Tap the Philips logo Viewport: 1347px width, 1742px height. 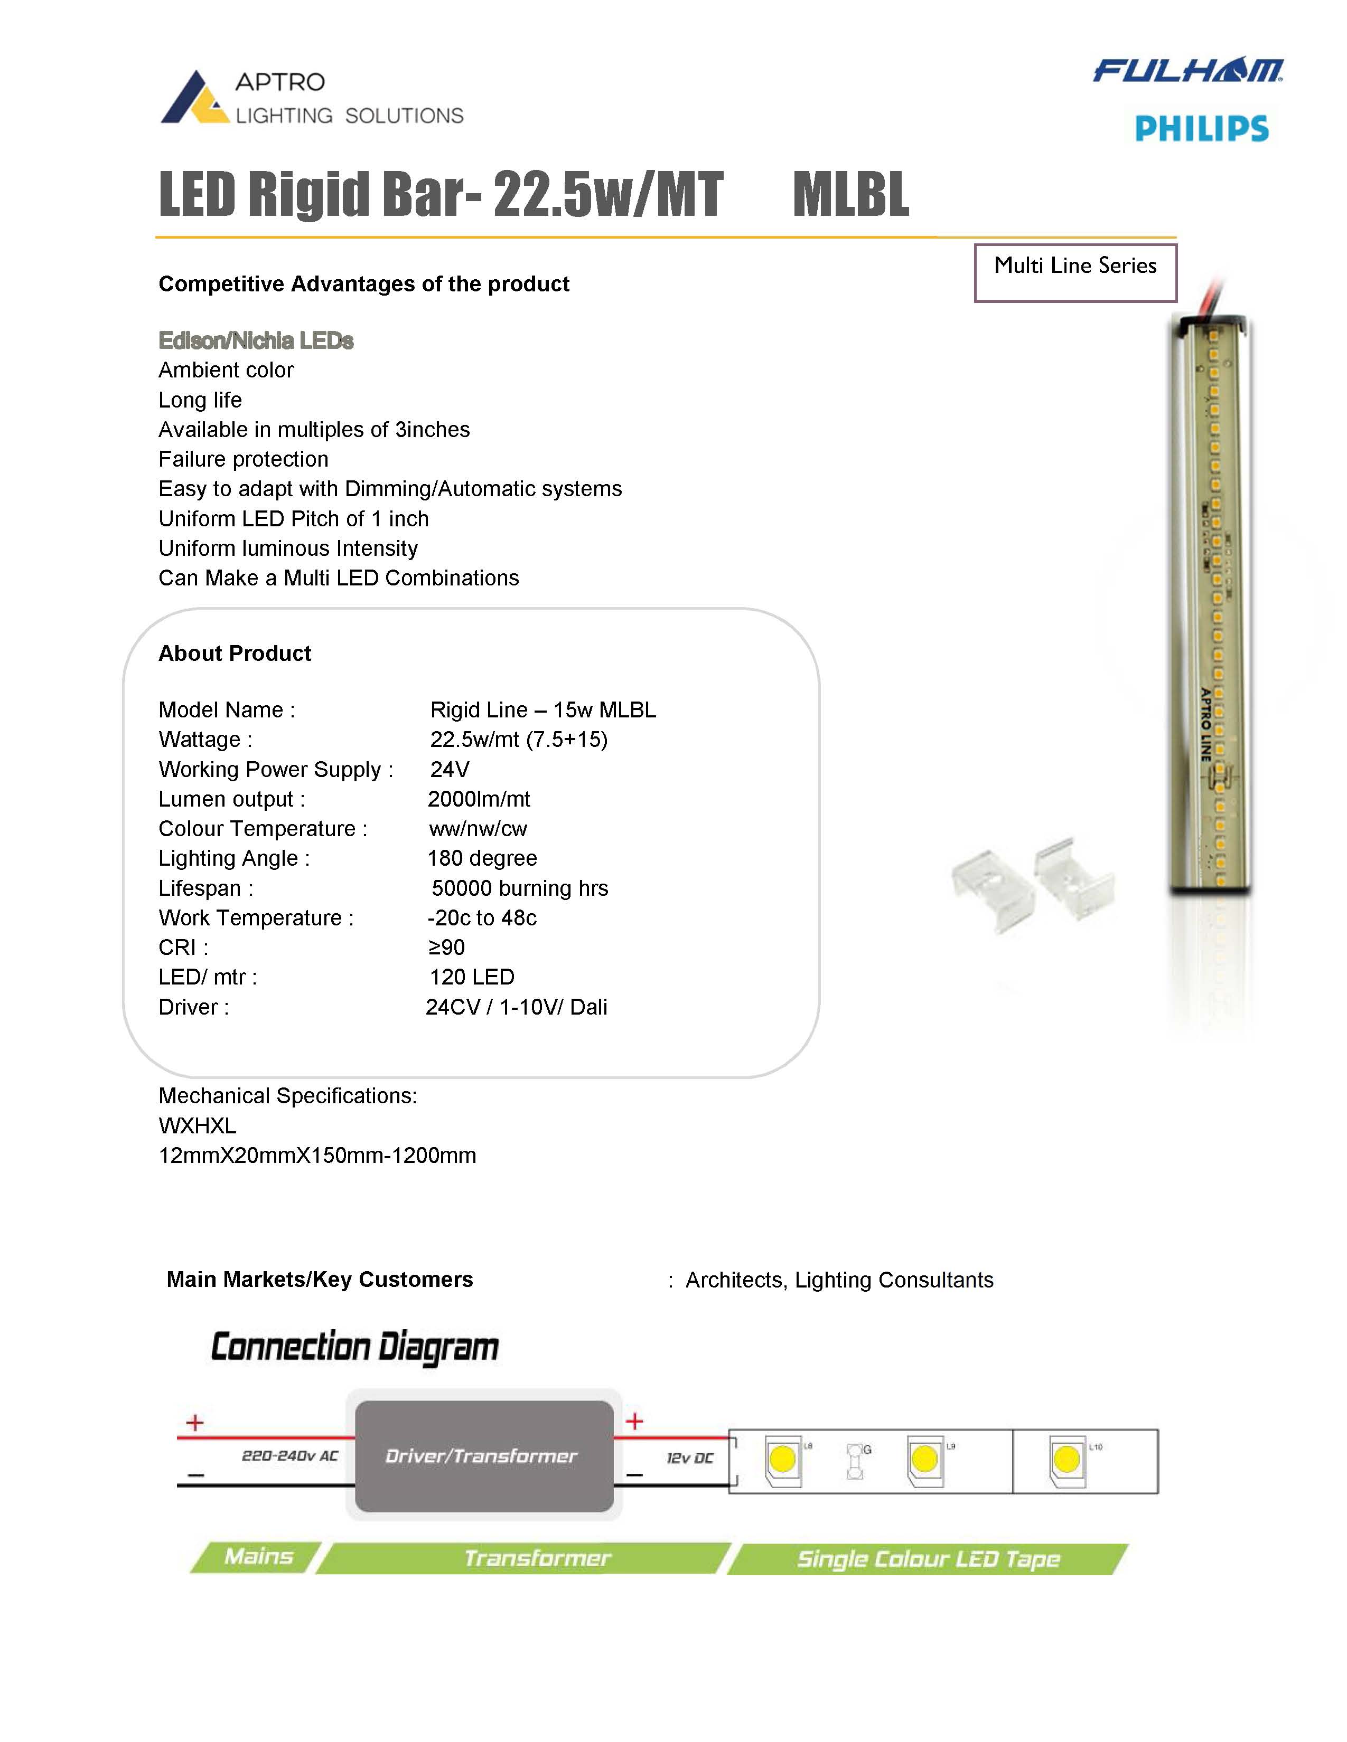(1201, 128)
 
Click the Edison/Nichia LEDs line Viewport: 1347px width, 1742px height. (255, 340)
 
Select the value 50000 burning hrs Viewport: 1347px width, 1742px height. (519, 888)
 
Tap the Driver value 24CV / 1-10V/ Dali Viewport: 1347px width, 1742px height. (516, 1007)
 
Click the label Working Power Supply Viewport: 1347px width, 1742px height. (275, 769)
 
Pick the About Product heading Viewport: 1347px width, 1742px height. (235, 654)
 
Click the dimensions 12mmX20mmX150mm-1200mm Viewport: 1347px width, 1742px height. (317, 1155)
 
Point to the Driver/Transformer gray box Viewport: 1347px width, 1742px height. (483, 1456)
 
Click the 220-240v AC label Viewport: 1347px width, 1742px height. (289, 1456)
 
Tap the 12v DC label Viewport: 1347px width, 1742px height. (689, 1458)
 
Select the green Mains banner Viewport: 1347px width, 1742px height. (258, 1557)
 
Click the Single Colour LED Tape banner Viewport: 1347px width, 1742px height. (928, 1558)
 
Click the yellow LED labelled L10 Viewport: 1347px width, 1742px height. (1065, 1461)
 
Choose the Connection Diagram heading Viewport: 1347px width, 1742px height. (354, 1347)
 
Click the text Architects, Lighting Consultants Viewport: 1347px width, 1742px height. (839, 1280)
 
